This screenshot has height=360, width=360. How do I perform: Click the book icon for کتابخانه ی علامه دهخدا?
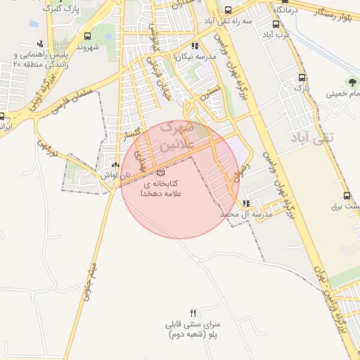tap(160, 172)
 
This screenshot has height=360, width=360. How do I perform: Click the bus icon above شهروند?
tap(87, 37)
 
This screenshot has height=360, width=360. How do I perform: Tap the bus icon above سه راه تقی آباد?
tap(229, 11)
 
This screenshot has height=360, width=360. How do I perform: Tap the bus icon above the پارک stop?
tap(302, 78)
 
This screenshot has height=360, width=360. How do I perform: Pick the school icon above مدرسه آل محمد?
tap(245, 203)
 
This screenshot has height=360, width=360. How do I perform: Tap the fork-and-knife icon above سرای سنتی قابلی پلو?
tap(193, 312)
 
